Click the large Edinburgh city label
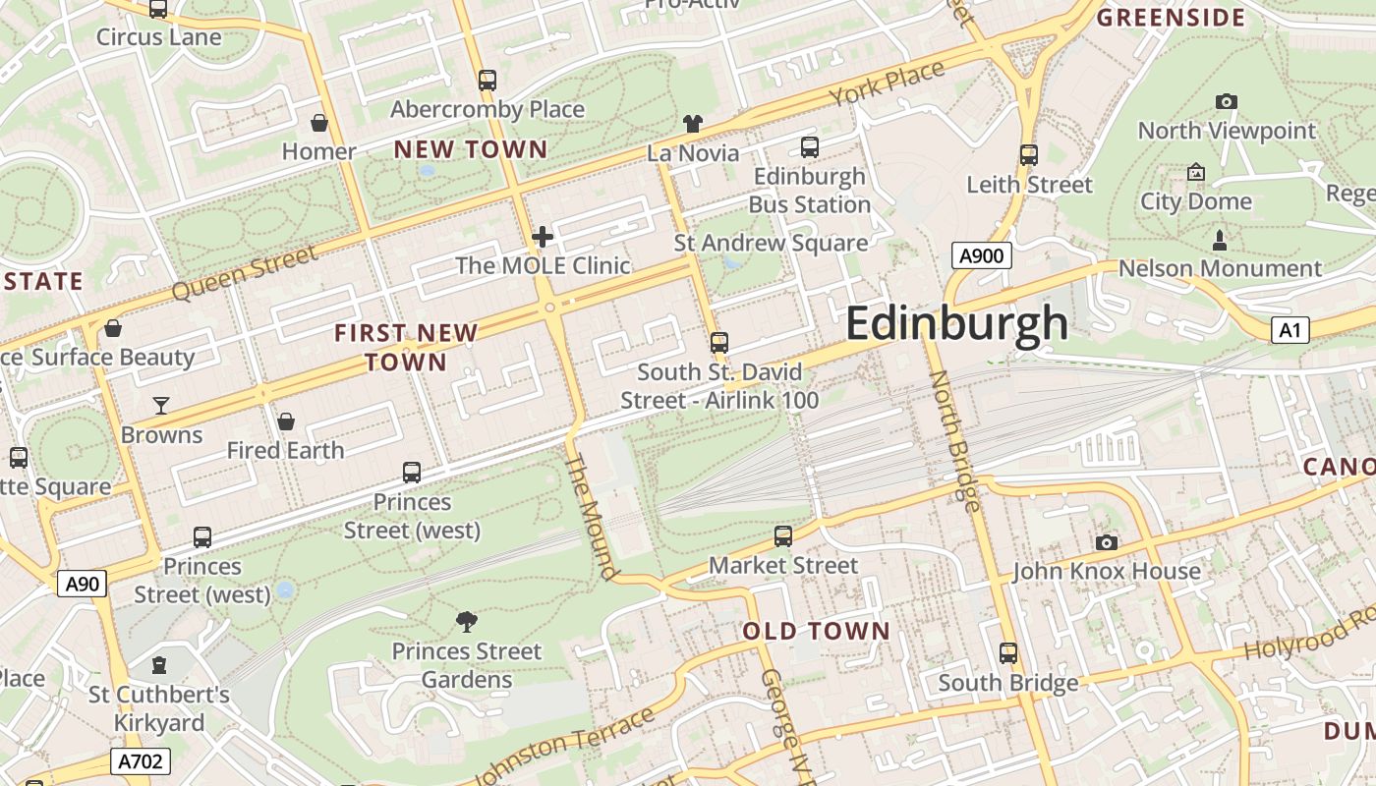955,323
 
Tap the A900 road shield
981,256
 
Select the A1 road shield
1290,330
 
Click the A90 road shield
82,585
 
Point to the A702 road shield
142,761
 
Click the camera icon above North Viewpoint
1226,101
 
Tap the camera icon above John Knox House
1107,542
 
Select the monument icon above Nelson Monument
1220,240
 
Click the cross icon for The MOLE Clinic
543,237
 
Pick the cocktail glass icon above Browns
161,406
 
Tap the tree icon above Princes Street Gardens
467,621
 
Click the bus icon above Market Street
783,536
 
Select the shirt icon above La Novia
693,124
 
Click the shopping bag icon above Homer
319,123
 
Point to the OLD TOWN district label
816,631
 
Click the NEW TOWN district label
471,149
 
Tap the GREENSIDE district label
1171,18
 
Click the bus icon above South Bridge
1008,653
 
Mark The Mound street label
594,516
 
